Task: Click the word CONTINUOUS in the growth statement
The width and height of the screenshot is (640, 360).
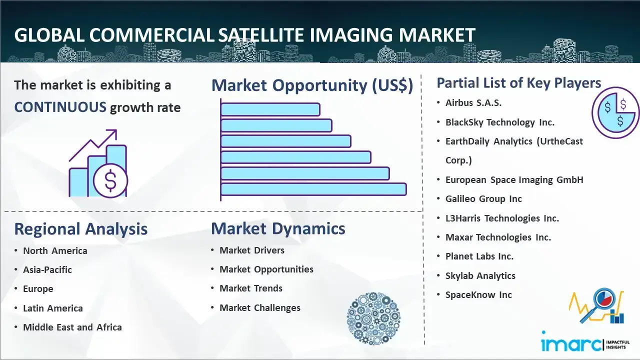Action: pyautogui.click(x=60, y=107)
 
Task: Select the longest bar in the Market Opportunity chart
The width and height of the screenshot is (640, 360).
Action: pyautogui.click(x=313, y=189)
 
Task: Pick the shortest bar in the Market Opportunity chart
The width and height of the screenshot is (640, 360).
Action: pyautogui.click(x=270, y=109)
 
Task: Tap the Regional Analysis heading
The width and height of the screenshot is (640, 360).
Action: pyautogui.click(x=81, y=229)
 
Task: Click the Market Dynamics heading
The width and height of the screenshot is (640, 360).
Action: pyautogui.click(x=278, y=228)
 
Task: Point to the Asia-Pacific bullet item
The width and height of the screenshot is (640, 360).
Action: pyautogui.click(x=47, y=269)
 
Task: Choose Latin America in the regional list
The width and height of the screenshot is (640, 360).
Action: pyautogui.click(x=53, y=308)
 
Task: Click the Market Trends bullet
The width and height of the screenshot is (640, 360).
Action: pyautogui.click(x=251, y=288)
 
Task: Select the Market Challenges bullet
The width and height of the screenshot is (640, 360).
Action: pyautogui.click(x=259, y=307)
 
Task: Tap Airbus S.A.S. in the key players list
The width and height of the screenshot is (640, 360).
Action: pyautogui.click(x=473, y=103)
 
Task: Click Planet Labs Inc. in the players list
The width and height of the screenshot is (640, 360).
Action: pyautogui.click(x=479, y=256)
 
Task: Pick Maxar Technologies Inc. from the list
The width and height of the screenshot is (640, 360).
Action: pyautogui.click(x=498, y=237)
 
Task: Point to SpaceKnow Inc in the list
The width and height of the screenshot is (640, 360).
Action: pyautogui.click(x=478, y=295)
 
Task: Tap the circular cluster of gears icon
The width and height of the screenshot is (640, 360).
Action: pyautogui.click(x=373, y=318)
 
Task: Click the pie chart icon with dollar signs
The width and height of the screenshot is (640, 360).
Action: pyautogui.click(x=615, y=113)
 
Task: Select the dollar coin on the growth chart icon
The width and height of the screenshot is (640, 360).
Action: pyautogui.click(x=110, y=181)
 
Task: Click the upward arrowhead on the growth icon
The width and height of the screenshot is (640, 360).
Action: pyautogui.click(x=113, y=133)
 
